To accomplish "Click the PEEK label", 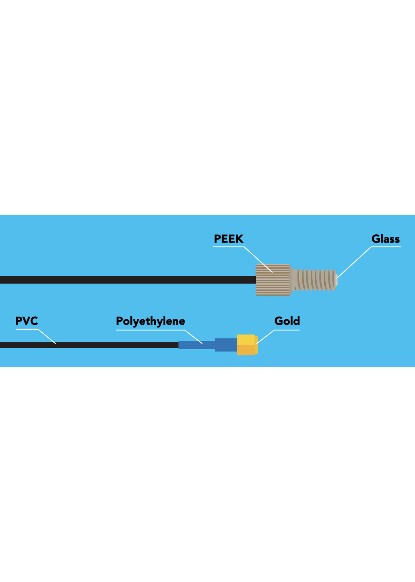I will click(x=228, y=239).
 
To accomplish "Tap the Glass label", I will click(x=385, y=239).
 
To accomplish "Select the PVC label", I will click(x=26, y=321).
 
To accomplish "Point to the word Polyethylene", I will click(x=150, y=321).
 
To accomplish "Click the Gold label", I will click(x=287, y=321).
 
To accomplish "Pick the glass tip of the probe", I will click(x=336, y=280).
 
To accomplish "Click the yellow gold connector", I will click(x=246, y=345).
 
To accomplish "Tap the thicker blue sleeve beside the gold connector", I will click(x=226, y=345).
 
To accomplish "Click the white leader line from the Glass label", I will click(x=355, y=262).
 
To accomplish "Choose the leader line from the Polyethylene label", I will click(x=193, y=337).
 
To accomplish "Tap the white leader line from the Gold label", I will click(x=266, y=337).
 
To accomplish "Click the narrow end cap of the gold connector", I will click(x=256, y=345).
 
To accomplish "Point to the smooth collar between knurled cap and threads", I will click(x=294, y=280).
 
